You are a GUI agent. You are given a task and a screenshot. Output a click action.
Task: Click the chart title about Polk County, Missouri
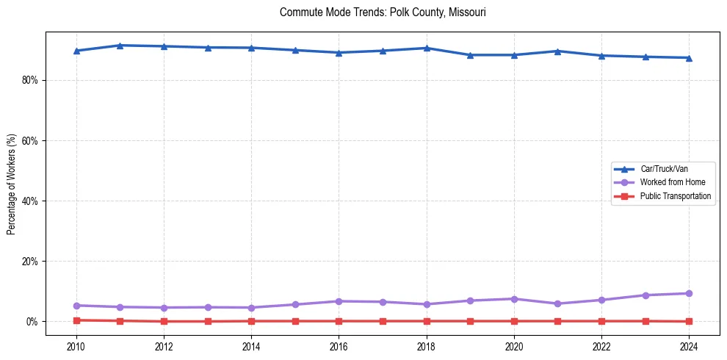tap(383, 12)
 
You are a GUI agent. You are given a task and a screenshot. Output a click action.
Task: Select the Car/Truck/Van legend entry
tap(664, 169)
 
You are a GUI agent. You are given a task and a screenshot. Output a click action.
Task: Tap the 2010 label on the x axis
tap(76, 346)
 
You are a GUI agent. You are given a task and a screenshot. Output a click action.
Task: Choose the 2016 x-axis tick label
tap(339, 346)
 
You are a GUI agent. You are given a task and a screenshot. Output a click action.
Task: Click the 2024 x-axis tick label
tap(689, 346)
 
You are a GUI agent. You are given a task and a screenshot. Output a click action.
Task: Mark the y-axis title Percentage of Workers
tap(12, 184)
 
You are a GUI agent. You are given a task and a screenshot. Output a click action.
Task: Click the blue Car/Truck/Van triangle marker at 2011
tap(120, 46)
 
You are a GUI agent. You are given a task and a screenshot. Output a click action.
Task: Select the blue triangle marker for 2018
tap(427, 48)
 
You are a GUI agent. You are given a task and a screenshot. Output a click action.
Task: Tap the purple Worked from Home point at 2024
tap(689, 293)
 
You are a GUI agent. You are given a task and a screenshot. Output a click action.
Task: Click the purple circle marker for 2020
tap(514, 299)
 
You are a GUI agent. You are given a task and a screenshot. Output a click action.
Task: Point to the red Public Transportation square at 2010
tap(76, 320)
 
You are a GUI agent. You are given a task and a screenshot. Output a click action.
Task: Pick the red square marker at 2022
tap(601, 321)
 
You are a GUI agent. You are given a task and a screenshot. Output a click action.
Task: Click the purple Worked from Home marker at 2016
tap(339, 301)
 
